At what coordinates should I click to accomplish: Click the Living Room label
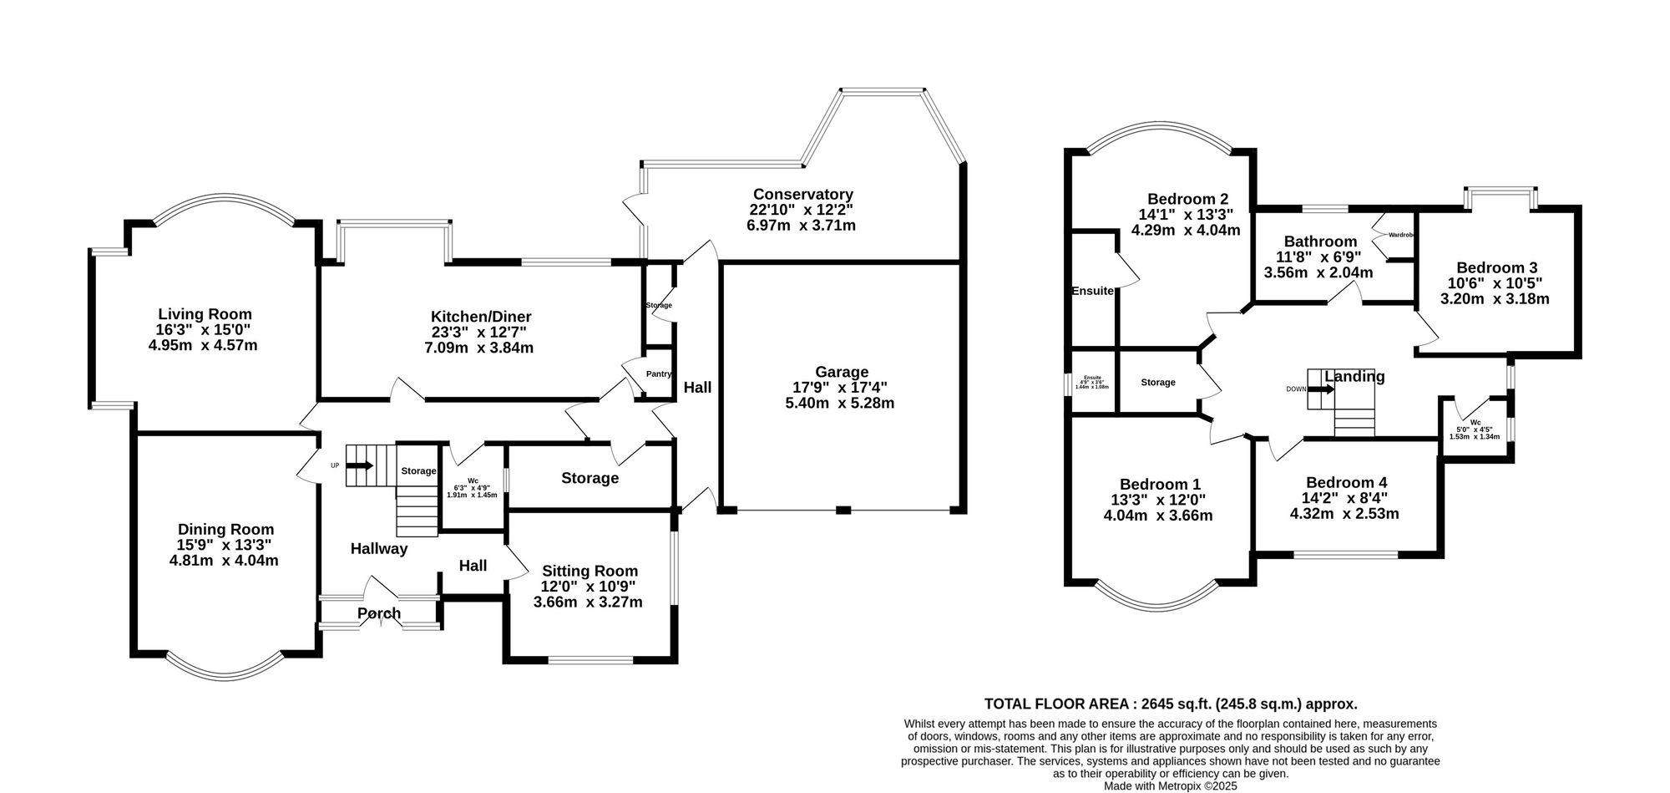tap(205, 314)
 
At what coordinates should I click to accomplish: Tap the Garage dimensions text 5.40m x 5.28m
tap(840, 403)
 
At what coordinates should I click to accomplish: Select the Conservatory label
tap(802, 194)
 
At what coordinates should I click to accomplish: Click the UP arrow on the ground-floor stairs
tap(361, 465)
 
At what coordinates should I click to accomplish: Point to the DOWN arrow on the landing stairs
tap(1322, 389)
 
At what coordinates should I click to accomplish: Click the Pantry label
tap(658, 374)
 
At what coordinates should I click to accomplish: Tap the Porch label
tap(379, 613)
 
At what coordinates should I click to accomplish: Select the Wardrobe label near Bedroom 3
tap(1401, 235)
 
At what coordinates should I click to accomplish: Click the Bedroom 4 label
tap(1346, 482)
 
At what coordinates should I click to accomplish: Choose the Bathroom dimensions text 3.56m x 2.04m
tap(1318, 272)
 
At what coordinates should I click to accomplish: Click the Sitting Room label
tap(590, 571)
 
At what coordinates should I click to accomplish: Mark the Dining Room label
tap(225, 529)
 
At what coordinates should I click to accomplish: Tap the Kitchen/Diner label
tap(481, 317)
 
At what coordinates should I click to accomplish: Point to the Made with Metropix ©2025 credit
tap(1171, 785)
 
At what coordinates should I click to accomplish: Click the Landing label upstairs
tap(1354, 376)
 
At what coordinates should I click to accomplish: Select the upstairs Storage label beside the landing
tap(1158, 382)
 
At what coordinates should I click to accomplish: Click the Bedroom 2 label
tap(1187, 199)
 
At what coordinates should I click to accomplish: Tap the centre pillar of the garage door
tap(843, 510)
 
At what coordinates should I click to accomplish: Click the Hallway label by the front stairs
tap(379, 549)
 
